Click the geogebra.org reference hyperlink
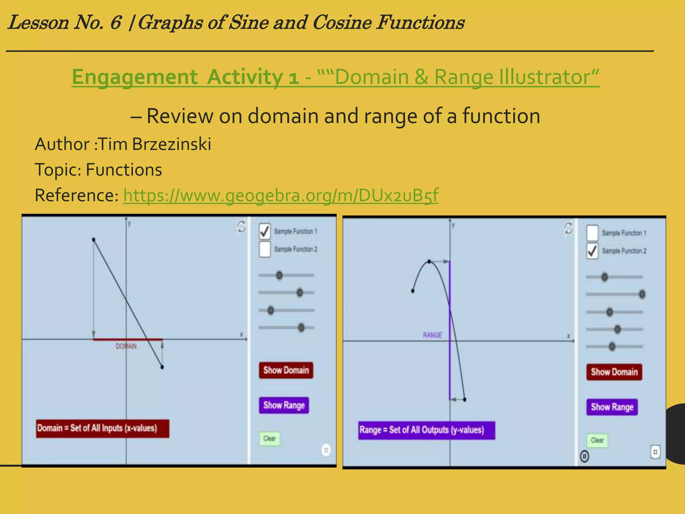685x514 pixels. click(x=281, y=195)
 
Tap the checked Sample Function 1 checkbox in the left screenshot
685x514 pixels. click(x=265, y=231)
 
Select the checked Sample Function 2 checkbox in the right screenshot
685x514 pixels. click(x=592, y=251)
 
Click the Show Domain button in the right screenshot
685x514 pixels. click(x=614, y=372)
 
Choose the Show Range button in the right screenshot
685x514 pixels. click(x=612, y=407)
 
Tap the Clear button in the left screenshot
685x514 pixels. click(x=270, y=438)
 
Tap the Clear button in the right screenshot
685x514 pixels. click(x=597, y=440)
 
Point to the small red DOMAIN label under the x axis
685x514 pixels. click(x=126, y=346)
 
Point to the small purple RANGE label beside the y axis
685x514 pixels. click(x=432, y=335)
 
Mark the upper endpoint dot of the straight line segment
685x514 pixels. click(x=94, y=240)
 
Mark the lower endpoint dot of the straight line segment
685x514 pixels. click(x=162, y=367)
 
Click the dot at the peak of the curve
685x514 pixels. click(x=429, y=261)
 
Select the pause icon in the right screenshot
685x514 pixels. click(x=584, y=456)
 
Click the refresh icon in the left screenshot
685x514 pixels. click(x=241, y=227)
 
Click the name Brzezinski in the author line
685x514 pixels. click(x=172, y=144)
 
